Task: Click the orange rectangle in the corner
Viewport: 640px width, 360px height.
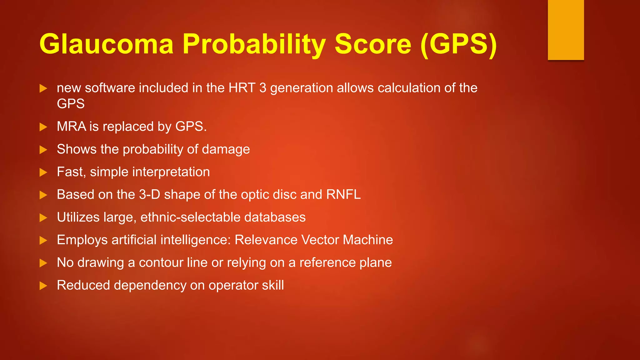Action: click(x=566, y=30)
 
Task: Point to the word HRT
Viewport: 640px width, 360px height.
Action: click(x=242, y=88)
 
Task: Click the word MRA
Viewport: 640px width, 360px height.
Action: click(x=71, y=127)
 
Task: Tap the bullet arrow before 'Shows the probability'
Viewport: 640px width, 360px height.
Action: click(x=43, y=150)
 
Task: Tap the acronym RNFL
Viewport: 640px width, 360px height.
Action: click(x=343, y=195)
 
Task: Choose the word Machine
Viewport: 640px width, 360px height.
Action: click(x=368, y=240)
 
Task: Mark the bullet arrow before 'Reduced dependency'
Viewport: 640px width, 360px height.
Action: click(x=43, y=286)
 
